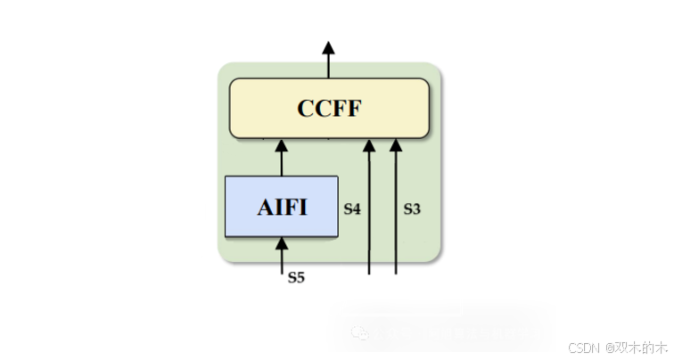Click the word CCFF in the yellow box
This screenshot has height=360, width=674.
pyautogui.click(x=330, y=109)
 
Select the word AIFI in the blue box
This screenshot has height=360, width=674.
pyautogui.click(x=282, y=208)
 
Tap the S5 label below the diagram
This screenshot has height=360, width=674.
pyautogui.click(x=296, y=277)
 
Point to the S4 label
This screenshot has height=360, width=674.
pyautogui.click(x=352, y=209)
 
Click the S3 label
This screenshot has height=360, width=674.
pyautogui.click(x=412, y=209)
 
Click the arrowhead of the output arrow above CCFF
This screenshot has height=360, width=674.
pyautogui.click(x=328, y=47)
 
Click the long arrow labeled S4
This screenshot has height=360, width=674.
pyautogui.click(x=370, y=214)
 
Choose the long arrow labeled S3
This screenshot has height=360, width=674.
pyautogui.click(x=397, y=214)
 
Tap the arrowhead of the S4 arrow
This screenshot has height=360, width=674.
pyautogui.click(x=370, y=145)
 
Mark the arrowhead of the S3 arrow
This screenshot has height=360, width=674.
pyautogui.click(x=397, y=145)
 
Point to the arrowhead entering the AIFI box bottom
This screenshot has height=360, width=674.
pyautogui.click(x=282, y=242)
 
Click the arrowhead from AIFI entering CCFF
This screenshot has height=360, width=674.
pyautogui.click(x=282, y=145)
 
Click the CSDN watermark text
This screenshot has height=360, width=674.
pyautogui.click(x=582, y=348)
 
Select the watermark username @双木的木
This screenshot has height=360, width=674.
pyautogui.click(x=635, y=348)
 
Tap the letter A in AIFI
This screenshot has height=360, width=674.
pyautogui.click(x=266, y=208)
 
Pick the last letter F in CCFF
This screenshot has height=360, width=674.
pyautogui.click(x=355, y=109)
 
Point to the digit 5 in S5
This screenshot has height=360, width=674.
pyautogui.click(x=300, y=277)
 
